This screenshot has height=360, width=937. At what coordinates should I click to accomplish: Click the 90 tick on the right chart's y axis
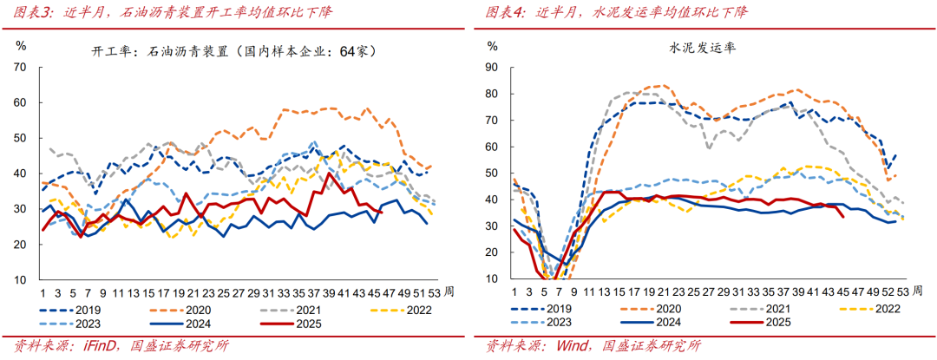pos(491,67)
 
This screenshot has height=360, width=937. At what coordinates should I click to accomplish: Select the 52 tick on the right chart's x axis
pos(889,293)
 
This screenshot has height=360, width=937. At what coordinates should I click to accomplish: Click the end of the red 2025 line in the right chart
pos(844,217)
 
